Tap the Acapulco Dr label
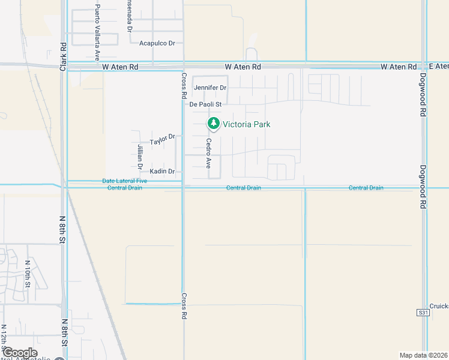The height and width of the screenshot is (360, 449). coord(157,43)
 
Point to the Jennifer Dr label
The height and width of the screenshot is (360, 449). coord(210,88)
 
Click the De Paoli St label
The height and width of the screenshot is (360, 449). coord(206,104)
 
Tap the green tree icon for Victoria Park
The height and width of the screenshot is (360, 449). coord(213,124)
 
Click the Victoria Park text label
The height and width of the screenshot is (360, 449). coord(247,124)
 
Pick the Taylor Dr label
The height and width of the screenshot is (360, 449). coord(162,140)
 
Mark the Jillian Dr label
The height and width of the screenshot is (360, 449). coord(139,155)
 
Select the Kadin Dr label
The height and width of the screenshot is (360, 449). coord(162,172)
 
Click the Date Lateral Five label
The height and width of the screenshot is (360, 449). coord(124,181)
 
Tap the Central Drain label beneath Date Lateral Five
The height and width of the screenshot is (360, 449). coord(125,188)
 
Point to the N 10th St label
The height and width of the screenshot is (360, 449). coord(27,276)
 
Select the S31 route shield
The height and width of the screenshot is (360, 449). coord(423,313)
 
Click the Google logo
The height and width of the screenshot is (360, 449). coord(20,353)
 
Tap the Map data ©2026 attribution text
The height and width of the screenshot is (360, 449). coord(423,355)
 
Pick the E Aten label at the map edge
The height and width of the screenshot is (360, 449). coord(439,66)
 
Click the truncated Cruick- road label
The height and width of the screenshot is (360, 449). coord(439,305)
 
